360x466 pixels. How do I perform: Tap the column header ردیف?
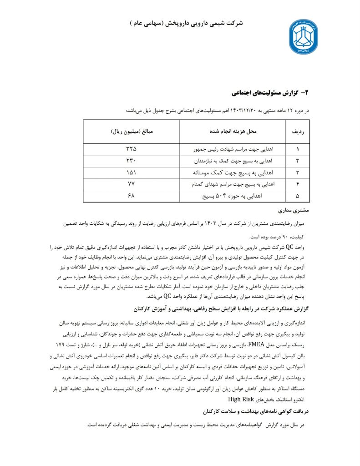point(298,132)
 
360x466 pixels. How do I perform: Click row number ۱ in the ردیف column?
point(298,149)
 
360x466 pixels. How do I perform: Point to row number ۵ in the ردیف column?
point(298,196)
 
